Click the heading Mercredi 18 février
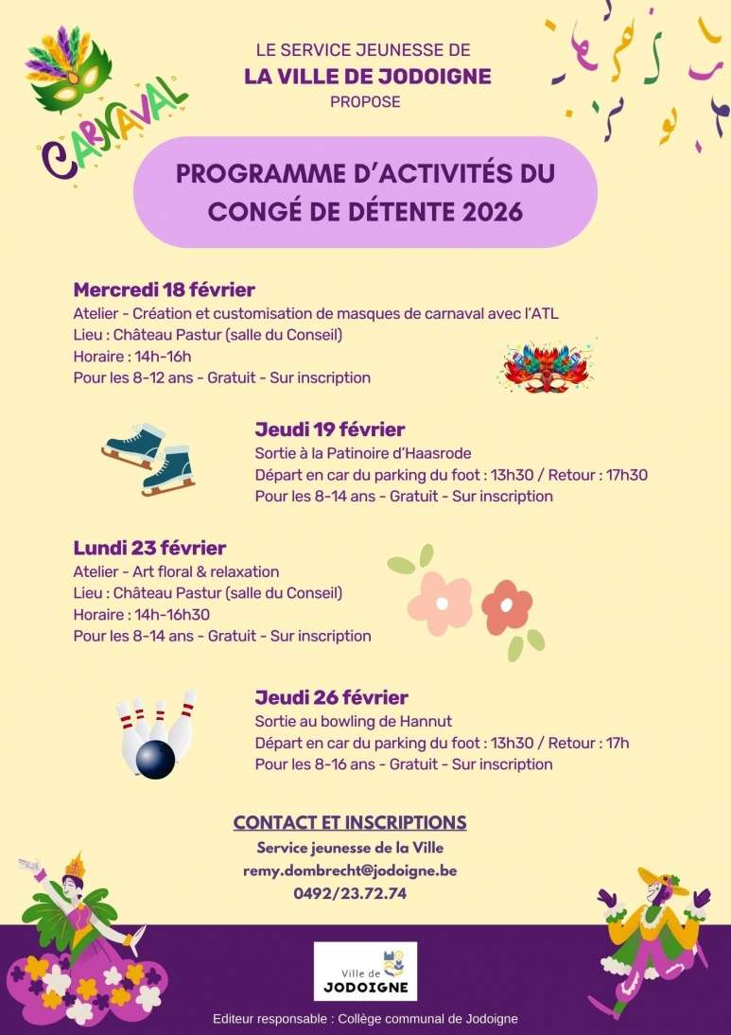point(165,289)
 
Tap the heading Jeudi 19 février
point(330,430)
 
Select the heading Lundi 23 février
point(149,548)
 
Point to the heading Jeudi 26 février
point(331,697)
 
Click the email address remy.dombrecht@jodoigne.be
point(350,869)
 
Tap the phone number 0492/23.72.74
point(350,892)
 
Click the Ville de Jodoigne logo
point(365,971)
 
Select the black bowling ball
point(155,759)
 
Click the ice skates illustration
point(149,458)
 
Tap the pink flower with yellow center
point(440,602)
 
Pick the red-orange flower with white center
point(507,606)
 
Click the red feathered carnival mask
point(547,367)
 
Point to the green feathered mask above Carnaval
point(68,68)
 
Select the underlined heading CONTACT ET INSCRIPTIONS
point(350,822)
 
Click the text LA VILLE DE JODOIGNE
point(367,76)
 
